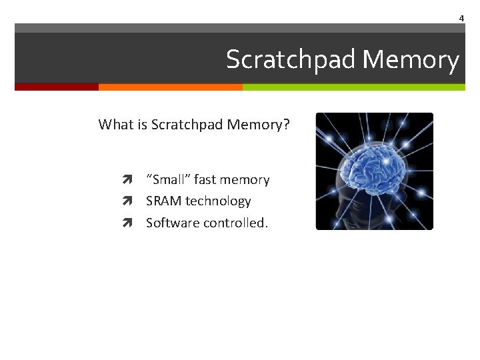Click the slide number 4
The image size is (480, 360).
tap(461, 19)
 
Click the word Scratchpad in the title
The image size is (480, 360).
tap(291, 60)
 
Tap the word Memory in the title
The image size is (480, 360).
tap(411, 60)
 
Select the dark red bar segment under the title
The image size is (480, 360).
tap(57, 87)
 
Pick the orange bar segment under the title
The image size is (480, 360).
tap(170, 87)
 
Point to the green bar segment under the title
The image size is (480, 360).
tap(353, 87)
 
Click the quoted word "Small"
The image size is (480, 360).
tap(168, 180)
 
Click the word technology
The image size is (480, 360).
tap(218, 201)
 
